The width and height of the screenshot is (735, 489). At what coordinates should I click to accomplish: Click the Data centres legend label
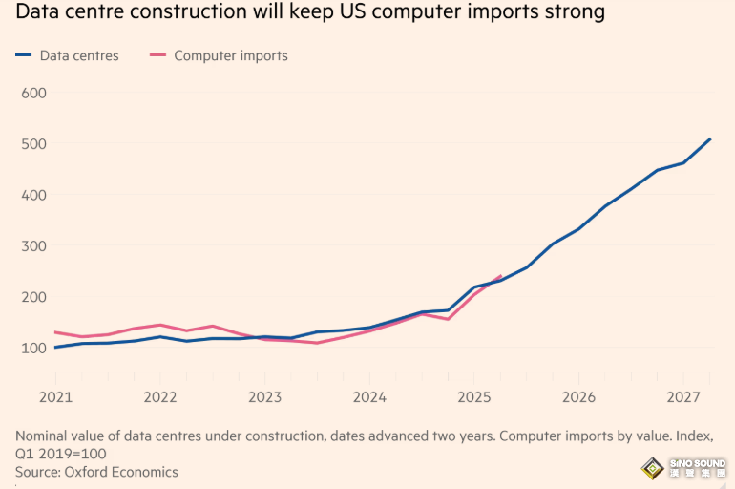pos(79,55)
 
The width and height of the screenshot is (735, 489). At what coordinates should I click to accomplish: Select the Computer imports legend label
pos(230,55)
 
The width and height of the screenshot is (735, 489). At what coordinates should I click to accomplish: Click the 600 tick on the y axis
pos(34,93)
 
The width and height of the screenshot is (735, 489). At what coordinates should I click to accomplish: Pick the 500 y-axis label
pos(34,144)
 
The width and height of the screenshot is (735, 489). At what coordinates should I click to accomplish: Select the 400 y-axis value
pos(34,195)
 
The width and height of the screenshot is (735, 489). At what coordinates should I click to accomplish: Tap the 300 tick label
pos(34,245)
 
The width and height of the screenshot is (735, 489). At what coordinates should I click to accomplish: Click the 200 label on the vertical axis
pos(34,297)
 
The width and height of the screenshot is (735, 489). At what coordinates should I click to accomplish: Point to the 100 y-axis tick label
pos(34,348)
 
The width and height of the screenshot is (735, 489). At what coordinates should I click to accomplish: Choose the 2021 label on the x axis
pos(55,396)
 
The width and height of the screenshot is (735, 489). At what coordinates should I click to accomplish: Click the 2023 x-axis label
pos(264,396)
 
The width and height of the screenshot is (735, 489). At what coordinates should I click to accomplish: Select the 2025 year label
pos(474,396)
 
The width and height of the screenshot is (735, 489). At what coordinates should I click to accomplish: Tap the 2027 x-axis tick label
pos(683,396)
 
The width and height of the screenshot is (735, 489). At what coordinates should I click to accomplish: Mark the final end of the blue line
pos(710,139)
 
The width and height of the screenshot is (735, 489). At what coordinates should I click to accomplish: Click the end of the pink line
pos(501,276)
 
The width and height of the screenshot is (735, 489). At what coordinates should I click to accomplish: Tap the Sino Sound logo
pos(683,468)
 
